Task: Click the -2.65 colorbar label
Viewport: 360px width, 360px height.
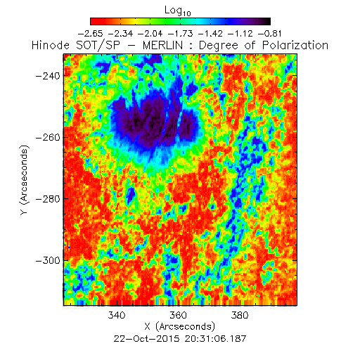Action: (x=90, y=34)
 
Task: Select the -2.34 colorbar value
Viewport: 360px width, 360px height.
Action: (x=120, y=34)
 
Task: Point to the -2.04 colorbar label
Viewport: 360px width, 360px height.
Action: (x=150, y=34)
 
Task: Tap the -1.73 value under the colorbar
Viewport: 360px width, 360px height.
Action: (x=181, y=34)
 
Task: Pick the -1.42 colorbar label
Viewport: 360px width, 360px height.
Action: (x=210, y=34)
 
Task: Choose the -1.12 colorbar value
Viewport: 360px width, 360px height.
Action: (x=240, y=34)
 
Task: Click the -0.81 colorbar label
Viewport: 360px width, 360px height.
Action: (x=270, y=34)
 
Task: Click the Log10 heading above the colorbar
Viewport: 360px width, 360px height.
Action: (x=178, y=11)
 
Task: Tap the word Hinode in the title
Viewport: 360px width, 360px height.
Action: (x=51, y=45)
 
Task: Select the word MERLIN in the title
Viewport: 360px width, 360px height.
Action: (x=162, y=45)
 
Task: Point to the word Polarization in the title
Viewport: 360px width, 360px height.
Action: (x=295, y=45)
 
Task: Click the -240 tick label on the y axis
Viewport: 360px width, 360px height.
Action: (x=48, y=76)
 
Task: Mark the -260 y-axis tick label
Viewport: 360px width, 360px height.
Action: (x=48, y=137)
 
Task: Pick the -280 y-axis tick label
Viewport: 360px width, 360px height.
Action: (x=48, y=199)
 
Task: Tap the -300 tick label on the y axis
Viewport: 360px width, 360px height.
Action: (x=48, y=260)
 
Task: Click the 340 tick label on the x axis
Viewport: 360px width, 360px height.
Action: (x=117, y=315)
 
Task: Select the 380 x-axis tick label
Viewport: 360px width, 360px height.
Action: (x=240, y=315)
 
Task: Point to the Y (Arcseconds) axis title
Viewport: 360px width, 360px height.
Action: (x=25, y=180)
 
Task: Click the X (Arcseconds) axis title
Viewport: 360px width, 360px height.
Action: (x=180, y=326)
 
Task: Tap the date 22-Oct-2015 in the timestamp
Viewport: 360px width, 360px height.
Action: (x=147, y=339)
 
